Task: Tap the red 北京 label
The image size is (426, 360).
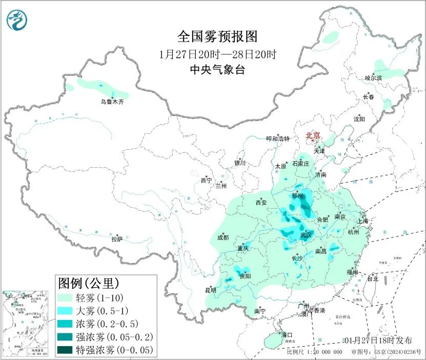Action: point(313,135)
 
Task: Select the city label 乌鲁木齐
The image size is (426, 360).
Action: point(112,102)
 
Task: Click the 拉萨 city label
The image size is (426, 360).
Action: point(117,238)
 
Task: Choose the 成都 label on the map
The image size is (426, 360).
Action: point(223,237)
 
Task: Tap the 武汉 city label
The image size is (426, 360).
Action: point(306,234)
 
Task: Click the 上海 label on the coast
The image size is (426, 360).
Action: point(363,221)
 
